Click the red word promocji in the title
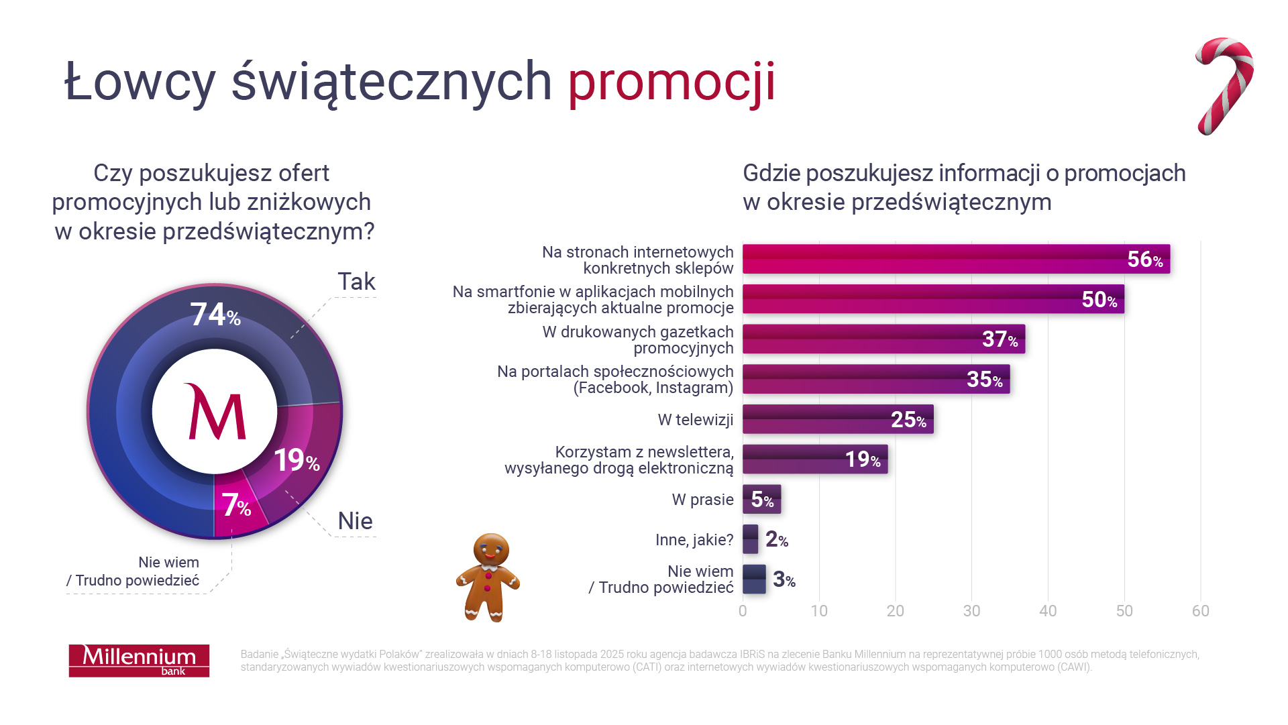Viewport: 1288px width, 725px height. (672, 82)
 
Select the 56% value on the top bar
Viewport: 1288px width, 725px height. (1144, 260)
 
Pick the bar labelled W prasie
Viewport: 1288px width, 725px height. (761, 500)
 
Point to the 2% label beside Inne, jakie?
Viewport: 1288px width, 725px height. (776, 539)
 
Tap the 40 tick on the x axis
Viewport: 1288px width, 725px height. (1048, 611)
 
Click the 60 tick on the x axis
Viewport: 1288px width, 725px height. (1200, 611)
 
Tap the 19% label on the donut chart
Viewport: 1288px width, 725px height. (296, 461)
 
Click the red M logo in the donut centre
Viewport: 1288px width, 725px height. (215, 412)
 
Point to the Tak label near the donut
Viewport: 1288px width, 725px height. (356, 282)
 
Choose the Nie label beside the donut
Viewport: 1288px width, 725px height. (355, 521)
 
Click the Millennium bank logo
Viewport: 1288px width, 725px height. (139, 661)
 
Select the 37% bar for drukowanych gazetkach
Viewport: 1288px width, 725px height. (883, 339)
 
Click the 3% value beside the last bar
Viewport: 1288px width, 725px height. (784, 579)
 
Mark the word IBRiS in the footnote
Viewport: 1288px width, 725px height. (752, 655)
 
